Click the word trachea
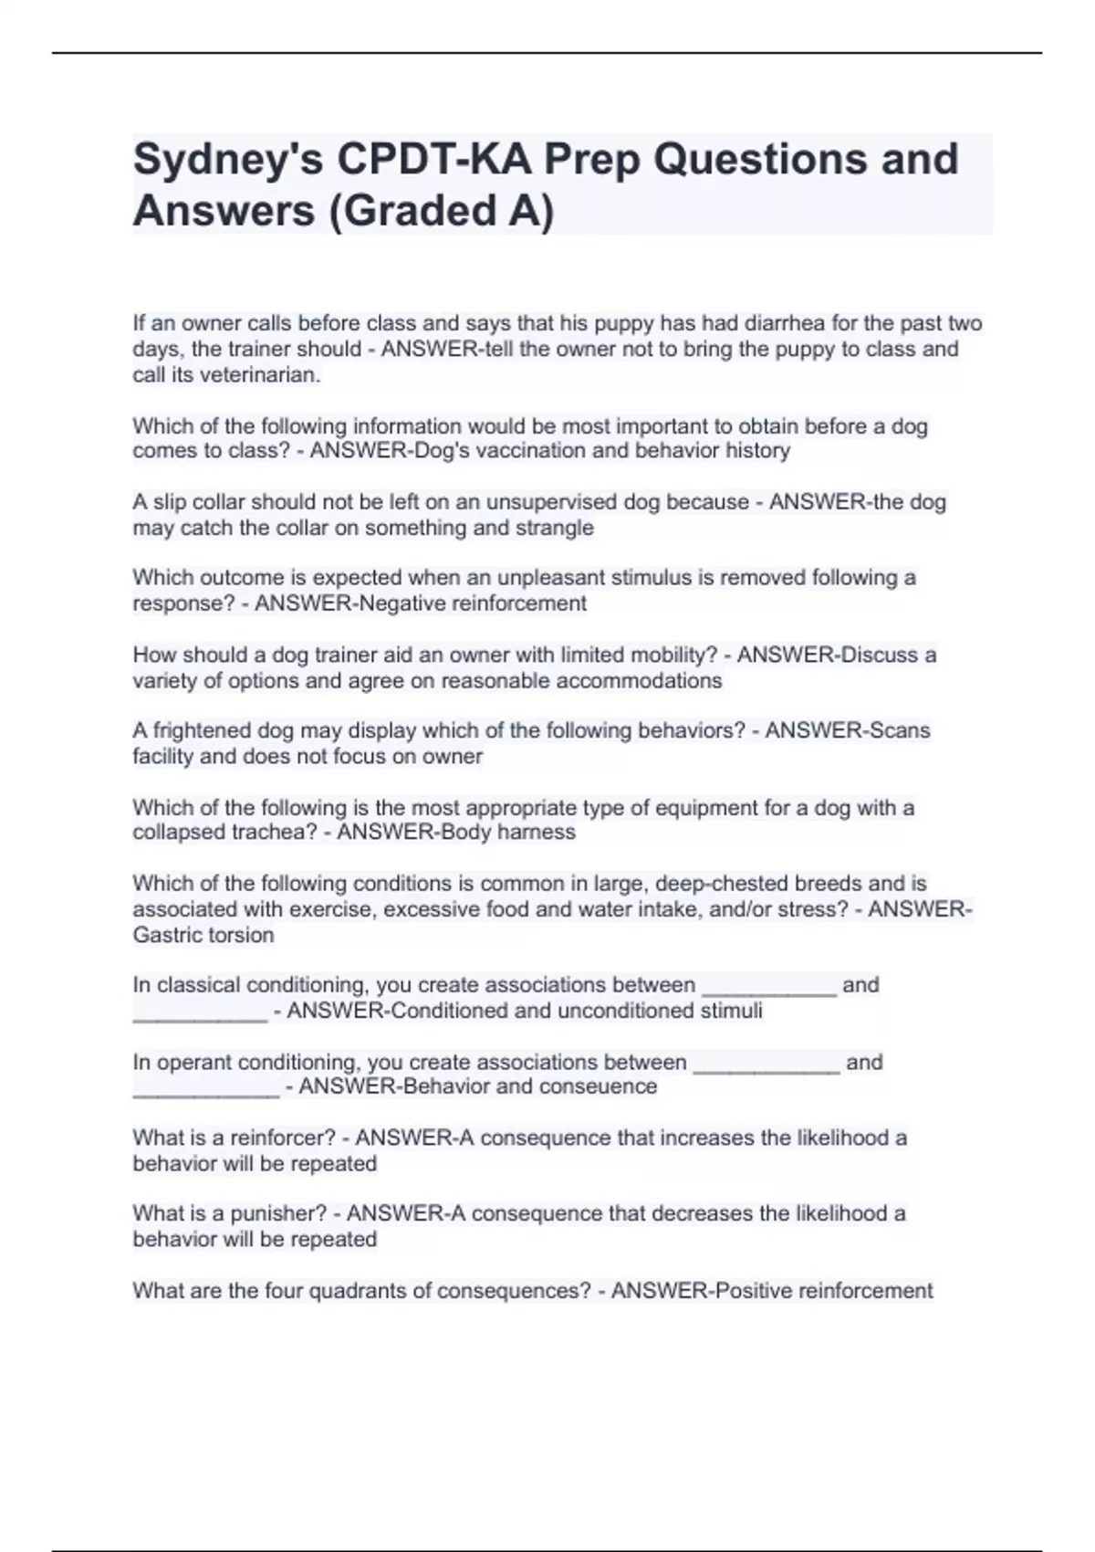point(272,833)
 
